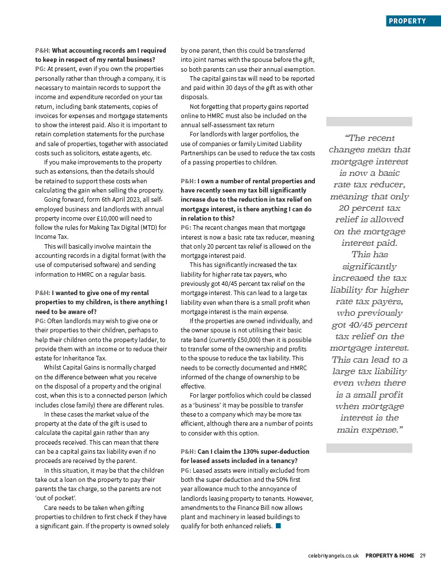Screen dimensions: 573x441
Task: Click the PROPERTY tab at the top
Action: click(407, 21)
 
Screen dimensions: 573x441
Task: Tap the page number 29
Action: click(423, 555)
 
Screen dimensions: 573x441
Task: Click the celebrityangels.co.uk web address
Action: click(333, 555)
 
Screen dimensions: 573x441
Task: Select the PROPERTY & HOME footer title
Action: click(390, 555)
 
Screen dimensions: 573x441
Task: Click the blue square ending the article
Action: click(278, 526)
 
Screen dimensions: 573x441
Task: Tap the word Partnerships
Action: click(198, 153)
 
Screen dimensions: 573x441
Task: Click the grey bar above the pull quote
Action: click(369, 121)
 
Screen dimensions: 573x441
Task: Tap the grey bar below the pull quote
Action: click(369, 448)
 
